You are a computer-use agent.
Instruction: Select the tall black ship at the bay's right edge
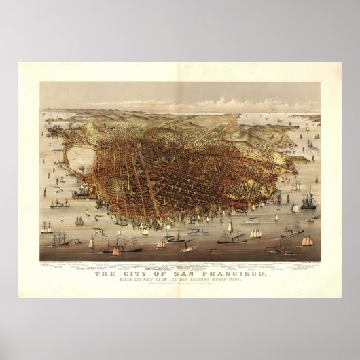(309, 201)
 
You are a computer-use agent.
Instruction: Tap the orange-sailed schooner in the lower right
(307, 240)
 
